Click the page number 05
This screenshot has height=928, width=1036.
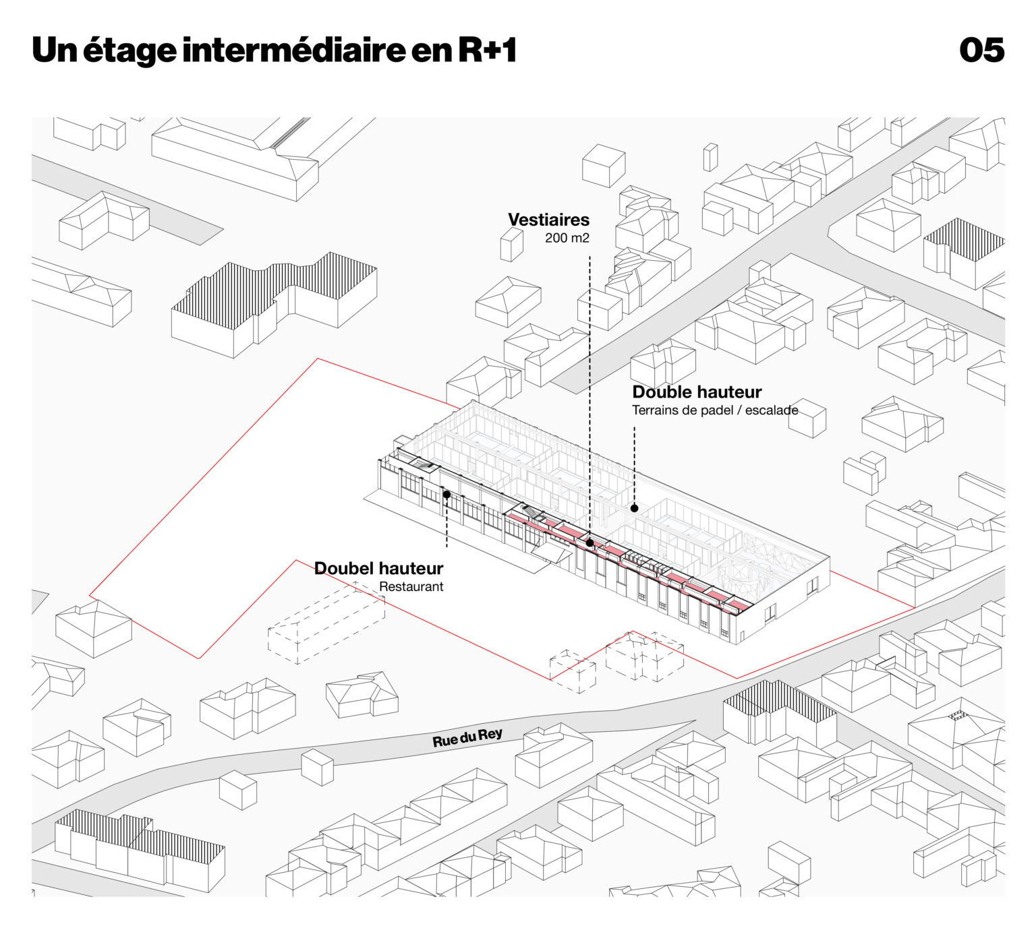point(981,51)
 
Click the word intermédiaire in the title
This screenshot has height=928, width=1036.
point(293,51)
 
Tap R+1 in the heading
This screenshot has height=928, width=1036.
point(487,51)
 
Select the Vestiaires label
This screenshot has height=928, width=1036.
point(548,220)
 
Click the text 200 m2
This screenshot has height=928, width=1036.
point(567,238)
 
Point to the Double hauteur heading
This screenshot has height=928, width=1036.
point(696,392)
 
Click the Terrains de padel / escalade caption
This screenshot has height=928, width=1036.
point(714,410)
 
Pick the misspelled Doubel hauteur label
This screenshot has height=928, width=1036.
point(378,569)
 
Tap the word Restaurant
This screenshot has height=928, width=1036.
point(411,587)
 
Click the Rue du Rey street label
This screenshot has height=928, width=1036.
point(467,738)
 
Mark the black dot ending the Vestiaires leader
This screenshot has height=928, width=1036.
point(589,543)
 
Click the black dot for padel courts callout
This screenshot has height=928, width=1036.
point(634,508)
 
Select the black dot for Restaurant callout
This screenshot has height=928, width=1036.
point(447,495)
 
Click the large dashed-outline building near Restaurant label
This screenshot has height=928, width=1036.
point(326,623)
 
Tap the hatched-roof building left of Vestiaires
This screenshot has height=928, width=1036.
point(273,303)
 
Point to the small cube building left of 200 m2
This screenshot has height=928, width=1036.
point(512,244)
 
